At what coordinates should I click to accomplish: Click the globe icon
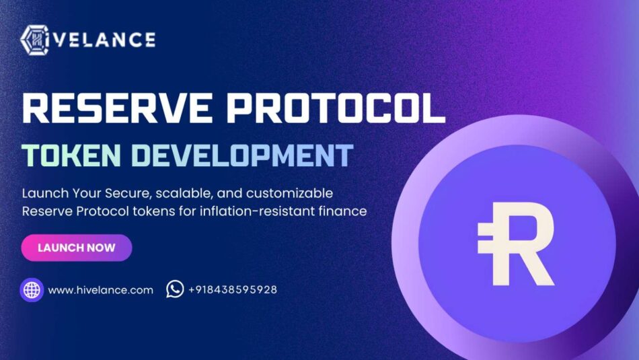point(32,290)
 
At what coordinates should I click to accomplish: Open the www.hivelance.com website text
point(101,290)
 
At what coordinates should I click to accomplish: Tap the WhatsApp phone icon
point(175,289)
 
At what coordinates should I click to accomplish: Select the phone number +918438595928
point(233,290)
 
